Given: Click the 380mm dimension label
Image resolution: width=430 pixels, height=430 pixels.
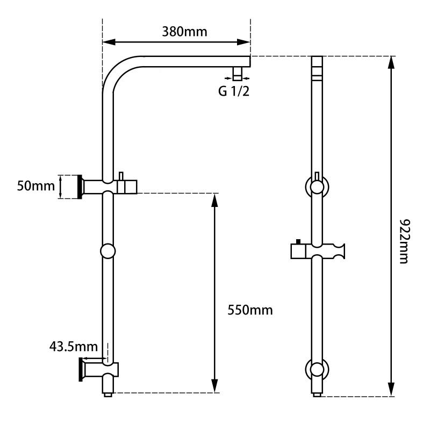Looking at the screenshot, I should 184,31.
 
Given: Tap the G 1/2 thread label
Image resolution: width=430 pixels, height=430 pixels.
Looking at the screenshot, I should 234,91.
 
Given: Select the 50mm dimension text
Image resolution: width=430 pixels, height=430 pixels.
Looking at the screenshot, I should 36,187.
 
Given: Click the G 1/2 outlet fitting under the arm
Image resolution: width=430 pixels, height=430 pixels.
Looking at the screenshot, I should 237,74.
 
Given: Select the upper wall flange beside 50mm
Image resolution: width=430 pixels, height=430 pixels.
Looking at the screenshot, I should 81,187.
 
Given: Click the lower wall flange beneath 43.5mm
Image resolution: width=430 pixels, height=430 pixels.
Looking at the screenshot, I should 81,370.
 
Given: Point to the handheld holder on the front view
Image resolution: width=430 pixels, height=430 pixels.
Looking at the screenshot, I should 318,251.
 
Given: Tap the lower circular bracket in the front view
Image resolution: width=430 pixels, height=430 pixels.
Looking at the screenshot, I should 318,370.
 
